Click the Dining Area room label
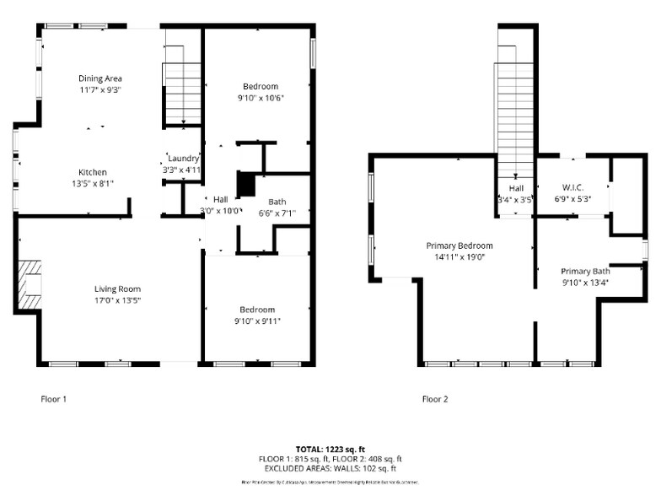click(x=100, y=78)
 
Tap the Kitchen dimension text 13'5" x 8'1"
click(x=92, y=182)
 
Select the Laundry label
click(x=183, y=158)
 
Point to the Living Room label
click(x=117, y=288)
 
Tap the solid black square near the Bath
click(x=245, y=184)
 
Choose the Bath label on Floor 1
click(x=277, y=202)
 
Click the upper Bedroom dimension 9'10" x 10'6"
click(x=261, y=97)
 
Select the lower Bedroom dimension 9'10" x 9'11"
click(x=257, y=321)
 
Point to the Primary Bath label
click(x=585, y=271)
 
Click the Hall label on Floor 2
click(x=516, y=188)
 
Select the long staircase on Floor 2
click(x=514, y=118)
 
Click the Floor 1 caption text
click(x=54, y=398)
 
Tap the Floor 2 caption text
click(x=435, y=398)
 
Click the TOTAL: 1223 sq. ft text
click(x=330, y=449)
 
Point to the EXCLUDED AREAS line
click(x=330, y=468)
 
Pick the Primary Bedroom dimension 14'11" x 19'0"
click(x=459, y=256)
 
